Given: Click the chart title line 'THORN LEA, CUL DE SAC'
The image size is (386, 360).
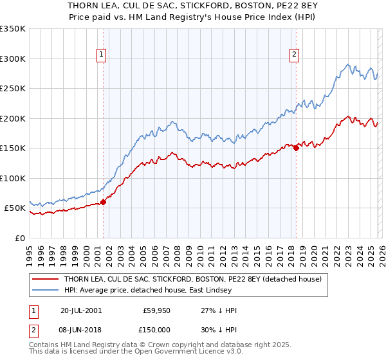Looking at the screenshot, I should click(192, 5).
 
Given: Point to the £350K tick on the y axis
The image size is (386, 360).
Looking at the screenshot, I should click(13, 29).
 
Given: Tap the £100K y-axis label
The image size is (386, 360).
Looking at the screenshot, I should click(13, 178).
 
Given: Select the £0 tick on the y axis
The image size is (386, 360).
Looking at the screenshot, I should click(19, 238).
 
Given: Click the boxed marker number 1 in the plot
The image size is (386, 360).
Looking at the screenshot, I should click(102, 55).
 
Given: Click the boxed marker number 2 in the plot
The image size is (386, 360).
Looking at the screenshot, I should click(294, 55).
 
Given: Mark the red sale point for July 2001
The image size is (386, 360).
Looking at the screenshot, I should click(103, 202).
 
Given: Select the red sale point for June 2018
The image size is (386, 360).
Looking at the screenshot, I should click(296, 148).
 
